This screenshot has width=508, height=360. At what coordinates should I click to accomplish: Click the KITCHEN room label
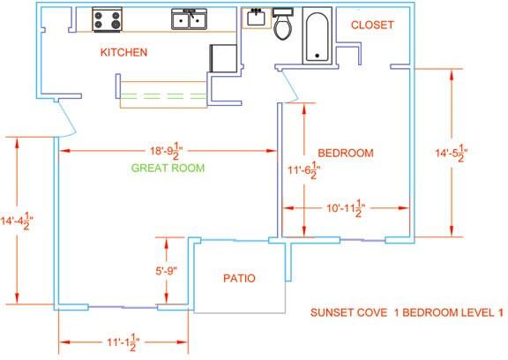(x=123, y=52)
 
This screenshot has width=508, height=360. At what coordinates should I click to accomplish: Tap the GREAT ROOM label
(x=168, y=168)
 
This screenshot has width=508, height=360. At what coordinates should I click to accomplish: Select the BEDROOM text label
(x=346, y=153)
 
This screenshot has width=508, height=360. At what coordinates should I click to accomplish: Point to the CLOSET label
(x=372, y=25)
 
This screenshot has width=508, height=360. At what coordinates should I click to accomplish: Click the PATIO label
(x=239, y=278)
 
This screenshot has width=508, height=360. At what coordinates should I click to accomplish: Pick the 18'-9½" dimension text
(x=166, y=151)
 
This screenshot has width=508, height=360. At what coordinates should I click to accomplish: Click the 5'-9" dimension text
(x=167, y=271)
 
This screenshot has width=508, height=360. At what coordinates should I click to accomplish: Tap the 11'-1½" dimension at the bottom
(x=123, y=342)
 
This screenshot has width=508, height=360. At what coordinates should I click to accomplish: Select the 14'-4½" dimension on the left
(x=17, y=221)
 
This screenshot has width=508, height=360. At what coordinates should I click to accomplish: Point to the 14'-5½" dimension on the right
(x=452, y=153)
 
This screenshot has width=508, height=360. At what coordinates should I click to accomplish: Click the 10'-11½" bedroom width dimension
(x=346, y=208)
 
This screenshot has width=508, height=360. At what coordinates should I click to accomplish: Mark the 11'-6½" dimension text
(x=304, y=169)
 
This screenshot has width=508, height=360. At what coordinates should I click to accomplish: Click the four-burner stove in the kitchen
(x=108, y=19)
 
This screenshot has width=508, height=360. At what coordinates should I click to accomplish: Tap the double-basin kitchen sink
(x=190, y=19)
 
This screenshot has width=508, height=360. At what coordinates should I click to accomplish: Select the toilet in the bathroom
(x=283, y=24)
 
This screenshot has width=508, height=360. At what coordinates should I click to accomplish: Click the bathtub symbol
(x=317, y=35)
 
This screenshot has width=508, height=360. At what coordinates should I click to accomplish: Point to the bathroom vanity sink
(x=257, y=19)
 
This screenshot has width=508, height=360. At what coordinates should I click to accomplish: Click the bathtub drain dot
(x=317, y=56)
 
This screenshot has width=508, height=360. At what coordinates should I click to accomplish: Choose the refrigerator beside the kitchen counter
(x=223, y=58)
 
